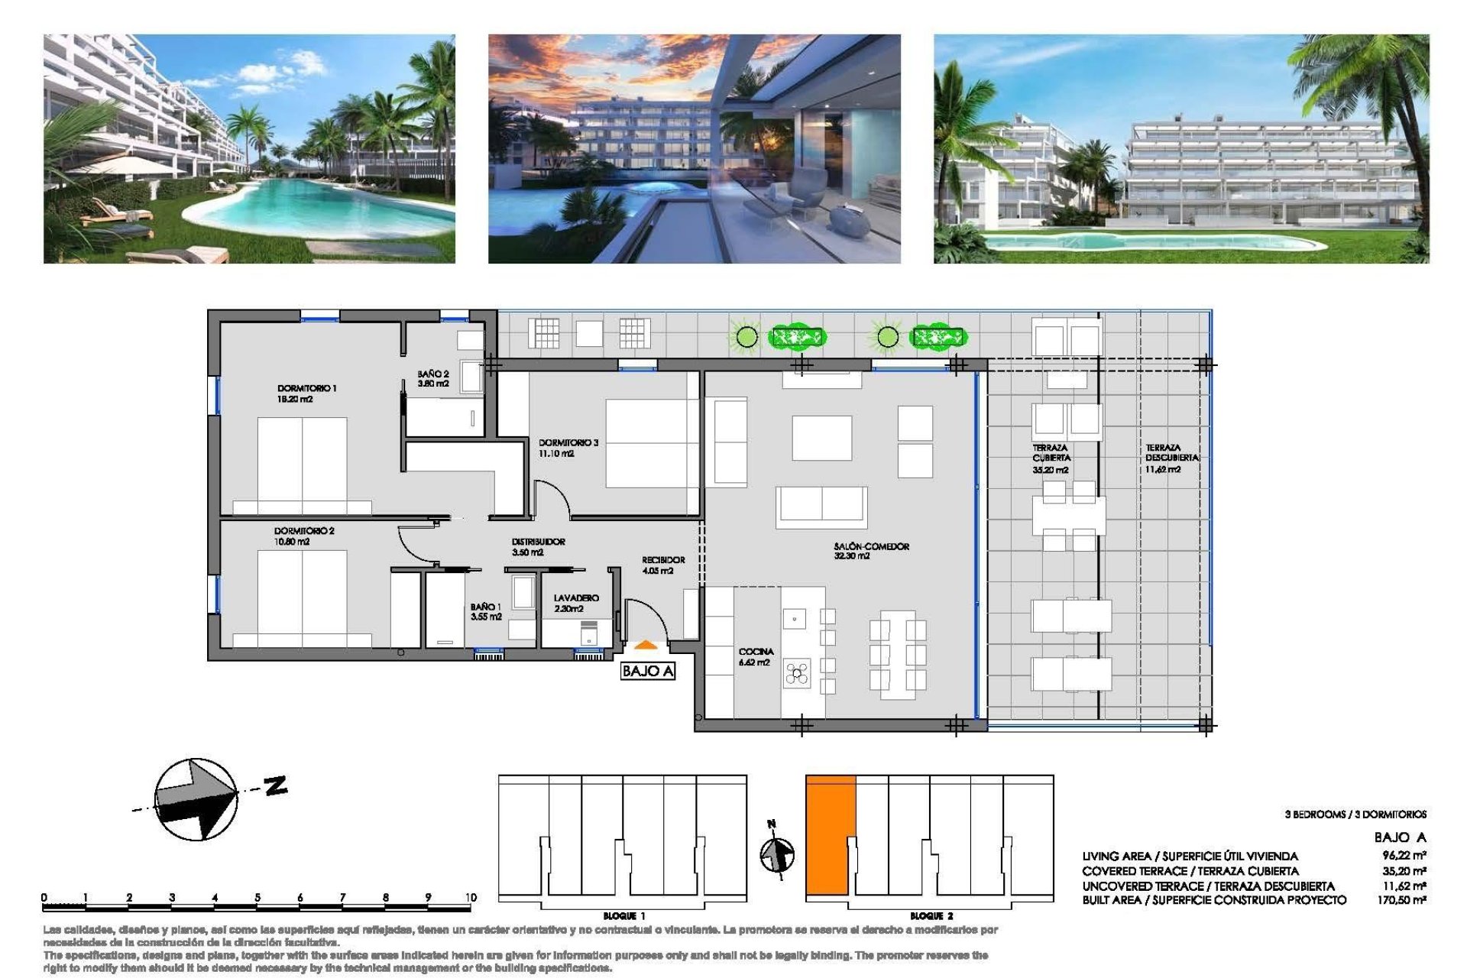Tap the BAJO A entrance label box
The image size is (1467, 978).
tap(647, 671)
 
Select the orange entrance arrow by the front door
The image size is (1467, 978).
tap(646, 646)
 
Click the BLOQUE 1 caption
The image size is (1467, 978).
tap(623, 915)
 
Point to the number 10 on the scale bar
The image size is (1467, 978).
tap(470, 897)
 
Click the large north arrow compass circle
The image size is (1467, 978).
tap(196, 799)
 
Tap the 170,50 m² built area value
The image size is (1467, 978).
tap(1401, 900)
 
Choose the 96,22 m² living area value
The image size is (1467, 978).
tap(1404, 855)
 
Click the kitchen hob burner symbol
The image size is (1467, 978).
tap(796, 673)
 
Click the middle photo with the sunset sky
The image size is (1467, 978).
tap(694, 148)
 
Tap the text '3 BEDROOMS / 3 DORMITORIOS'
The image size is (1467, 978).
tap(1355, 814)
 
